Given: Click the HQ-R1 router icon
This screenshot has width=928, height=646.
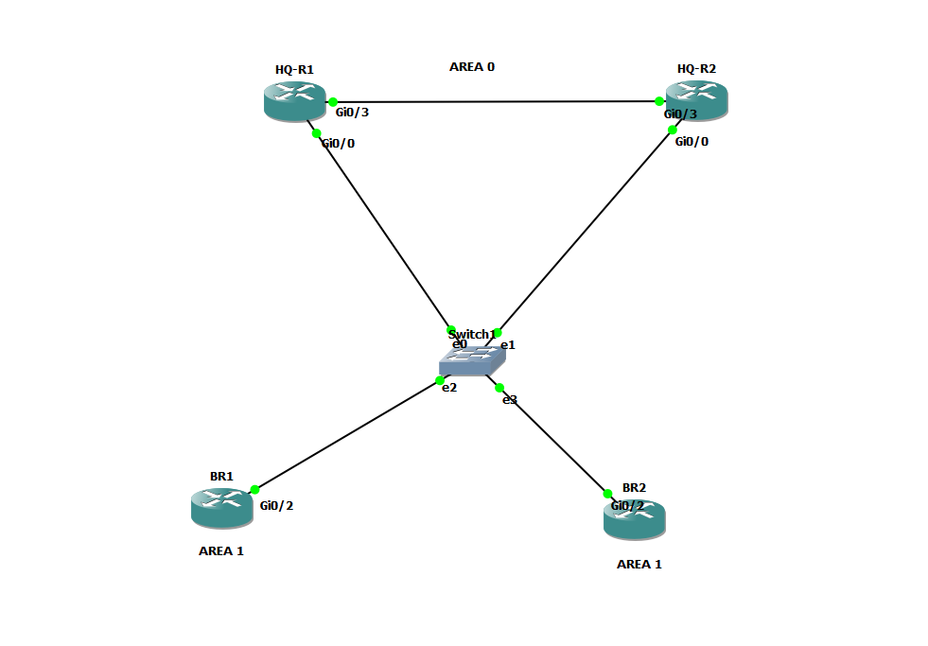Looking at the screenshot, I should click(294, 101).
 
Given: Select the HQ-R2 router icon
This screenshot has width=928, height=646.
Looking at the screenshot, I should click(696, 100).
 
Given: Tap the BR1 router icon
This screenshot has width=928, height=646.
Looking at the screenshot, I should click(221, 508).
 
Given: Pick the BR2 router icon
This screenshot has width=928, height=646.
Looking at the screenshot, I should click(634, 520).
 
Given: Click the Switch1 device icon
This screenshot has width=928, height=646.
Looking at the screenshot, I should click(472, 360).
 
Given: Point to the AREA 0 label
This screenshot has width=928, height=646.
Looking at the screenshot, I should click(471, 67).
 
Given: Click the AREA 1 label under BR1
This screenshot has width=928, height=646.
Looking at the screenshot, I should click(221, 551).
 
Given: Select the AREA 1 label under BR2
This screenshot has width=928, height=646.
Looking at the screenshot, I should click(639, 565).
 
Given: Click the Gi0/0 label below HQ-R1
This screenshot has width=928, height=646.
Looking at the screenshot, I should click(339, 144).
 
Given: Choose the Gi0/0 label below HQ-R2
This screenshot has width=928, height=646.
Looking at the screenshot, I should click(692, 142).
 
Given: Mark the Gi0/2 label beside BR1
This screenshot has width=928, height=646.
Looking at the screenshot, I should click(277, 506).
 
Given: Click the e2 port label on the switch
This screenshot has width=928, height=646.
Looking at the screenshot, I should click(449, 388).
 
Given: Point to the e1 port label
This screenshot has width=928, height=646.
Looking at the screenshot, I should click(508, 345).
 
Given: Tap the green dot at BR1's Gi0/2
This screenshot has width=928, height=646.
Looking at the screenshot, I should click(254, 490).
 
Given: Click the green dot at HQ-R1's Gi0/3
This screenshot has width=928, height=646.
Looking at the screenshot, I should click(333, 101).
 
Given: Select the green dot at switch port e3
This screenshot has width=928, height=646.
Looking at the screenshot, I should click(499, 387).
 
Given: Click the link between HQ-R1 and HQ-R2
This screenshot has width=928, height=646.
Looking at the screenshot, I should click(497, 101).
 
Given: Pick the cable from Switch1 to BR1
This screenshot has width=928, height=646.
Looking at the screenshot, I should click(347, 435).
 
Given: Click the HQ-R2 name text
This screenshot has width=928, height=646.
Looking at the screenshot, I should click(696, 69).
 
